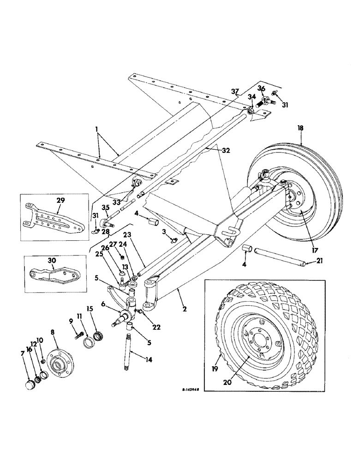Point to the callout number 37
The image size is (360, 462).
[235, 91]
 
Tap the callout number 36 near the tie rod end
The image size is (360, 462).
[261, 89]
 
